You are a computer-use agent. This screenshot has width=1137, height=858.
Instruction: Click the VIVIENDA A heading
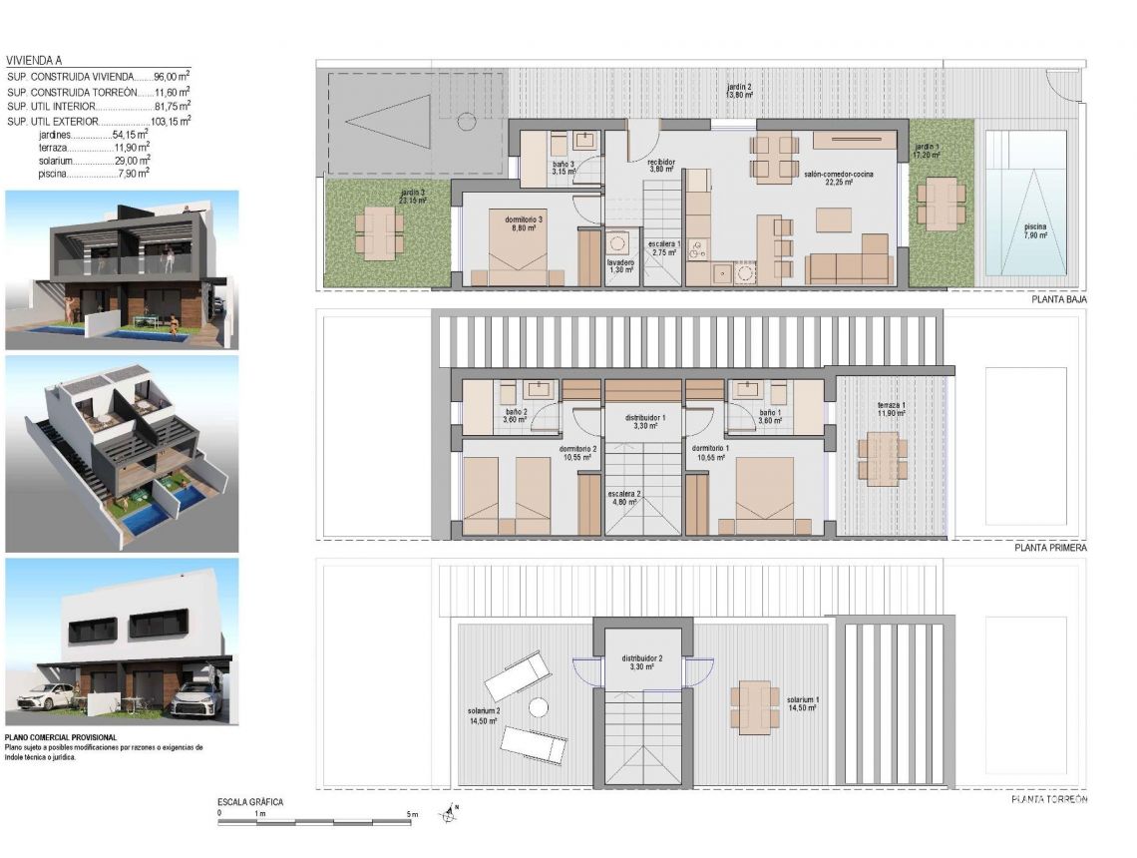coord(39,60)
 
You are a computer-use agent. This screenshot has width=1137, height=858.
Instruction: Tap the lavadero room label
coord(621,265)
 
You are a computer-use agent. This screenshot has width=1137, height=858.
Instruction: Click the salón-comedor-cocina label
coord(838,175)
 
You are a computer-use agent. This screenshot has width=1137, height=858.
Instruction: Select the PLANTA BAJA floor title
coord(1058,298)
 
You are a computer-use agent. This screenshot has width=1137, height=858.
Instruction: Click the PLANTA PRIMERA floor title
coord(1050,548)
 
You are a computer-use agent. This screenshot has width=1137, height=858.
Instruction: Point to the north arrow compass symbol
coord(451,814)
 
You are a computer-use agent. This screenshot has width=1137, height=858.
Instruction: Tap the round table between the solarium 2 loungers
coord(539,707)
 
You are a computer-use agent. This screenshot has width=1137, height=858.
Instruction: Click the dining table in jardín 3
coord(379,232)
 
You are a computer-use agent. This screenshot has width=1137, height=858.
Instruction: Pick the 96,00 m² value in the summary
coord(172,75)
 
